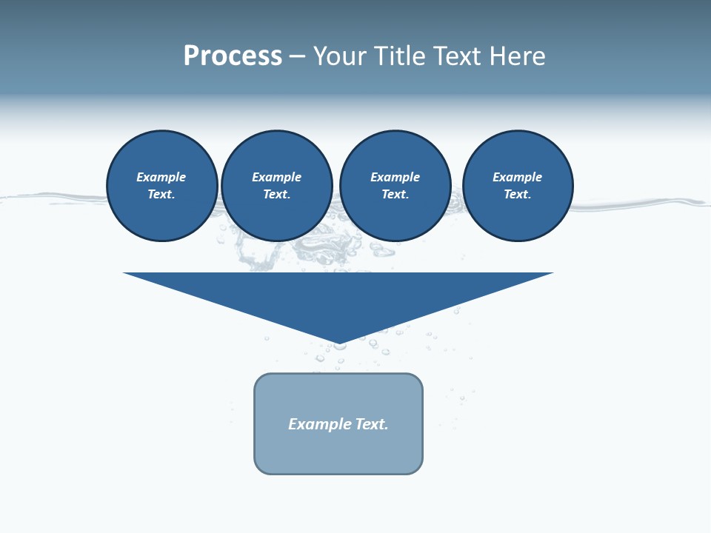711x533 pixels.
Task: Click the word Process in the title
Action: [x=233, y=56]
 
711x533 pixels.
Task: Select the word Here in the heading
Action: [x=516, y=56]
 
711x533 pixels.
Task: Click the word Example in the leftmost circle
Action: [x=161, y=178]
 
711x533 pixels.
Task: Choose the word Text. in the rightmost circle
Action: [x=518, y=195]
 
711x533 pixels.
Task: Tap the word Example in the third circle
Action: [x=395, y=178]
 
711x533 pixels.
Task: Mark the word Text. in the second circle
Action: [x=277, y=195]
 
